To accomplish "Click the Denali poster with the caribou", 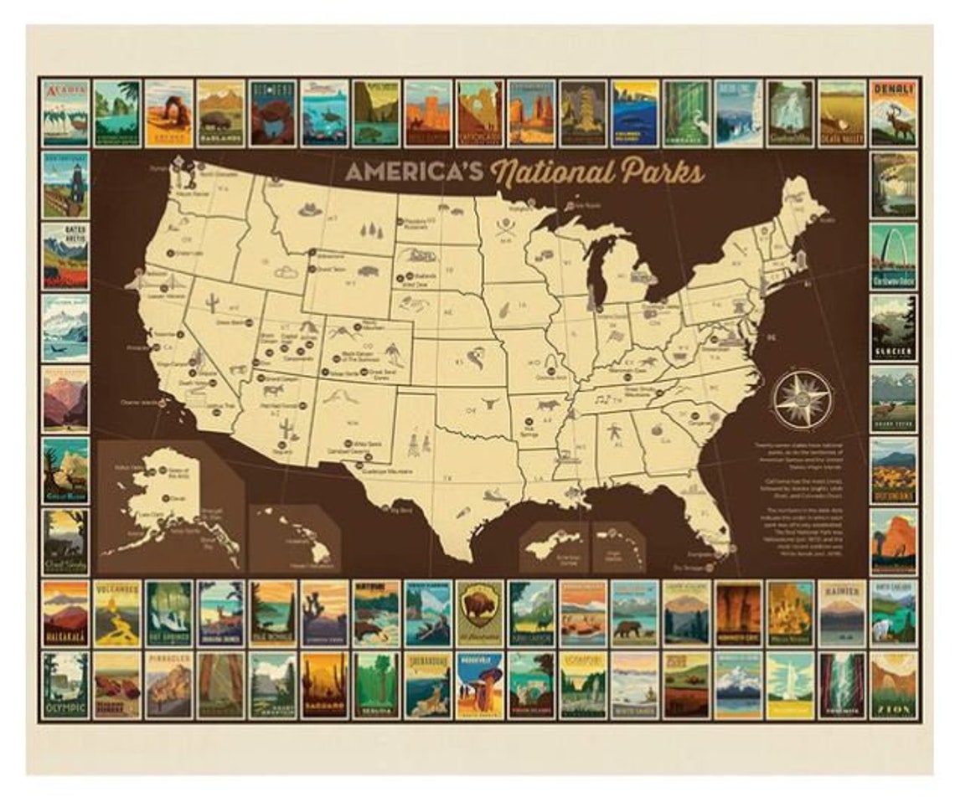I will pos(893,114).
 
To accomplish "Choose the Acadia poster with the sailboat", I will pos(65,114).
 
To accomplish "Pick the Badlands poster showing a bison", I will pos(221,114).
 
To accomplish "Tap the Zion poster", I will pos(893,686).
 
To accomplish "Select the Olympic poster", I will pos(65,686).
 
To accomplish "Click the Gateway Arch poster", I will pos(893,256).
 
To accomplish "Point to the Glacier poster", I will pos(893,327).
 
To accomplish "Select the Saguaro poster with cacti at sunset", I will pos(324,686).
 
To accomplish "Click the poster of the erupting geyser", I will pos(790,686).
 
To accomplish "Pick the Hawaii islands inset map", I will pos(293,536).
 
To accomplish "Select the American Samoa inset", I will pos(554,545).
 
